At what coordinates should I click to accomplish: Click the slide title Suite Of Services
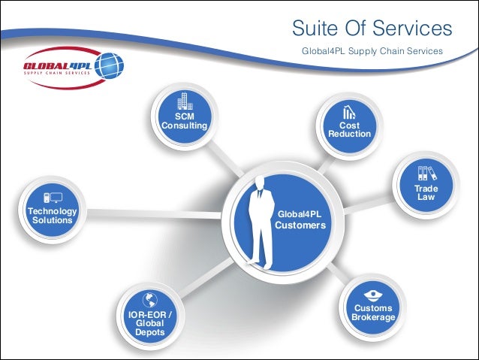click(x=372, y=29)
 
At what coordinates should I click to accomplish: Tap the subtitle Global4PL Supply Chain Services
click(x=372, y=51)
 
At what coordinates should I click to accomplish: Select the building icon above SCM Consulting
click(x=184, y=102)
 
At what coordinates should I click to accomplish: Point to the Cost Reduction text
click(x=349, y=130)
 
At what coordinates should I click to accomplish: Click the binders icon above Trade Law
click(x=426, y=174)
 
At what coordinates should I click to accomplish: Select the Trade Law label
click(x=426, y=192)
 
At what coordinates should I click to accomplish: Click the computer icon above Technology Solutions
click(x=52, y=198)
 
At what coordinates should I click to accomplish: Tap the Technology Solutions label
click(x=52, y=216)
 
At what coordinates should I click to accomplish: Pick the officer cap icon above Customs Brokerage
click(x=373, y=294)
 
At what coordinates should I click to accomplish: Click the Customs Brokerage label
click(x=373, y=313)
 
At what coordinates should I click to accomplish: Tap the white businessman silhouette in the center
click(x=259, y=222)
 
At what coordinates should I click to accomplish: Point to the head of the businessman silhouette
click(x=259, y=181)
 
